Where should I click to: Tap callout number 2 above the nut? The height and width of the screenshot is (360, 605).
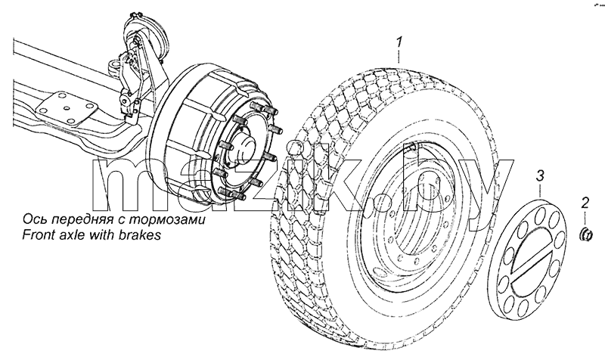(x=585, y=203)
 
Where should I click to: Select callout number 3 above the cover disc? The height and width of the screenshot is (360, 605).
(x=540, y=176)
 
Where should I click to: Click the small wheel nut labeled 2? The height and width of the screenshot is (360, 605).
(x=586, y=234)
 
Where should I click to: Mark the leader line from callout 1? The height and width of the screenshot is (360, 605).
(x=399, y=56)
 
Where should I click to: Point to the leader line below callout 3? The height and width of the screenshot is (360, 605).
(x=540, y=191)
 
